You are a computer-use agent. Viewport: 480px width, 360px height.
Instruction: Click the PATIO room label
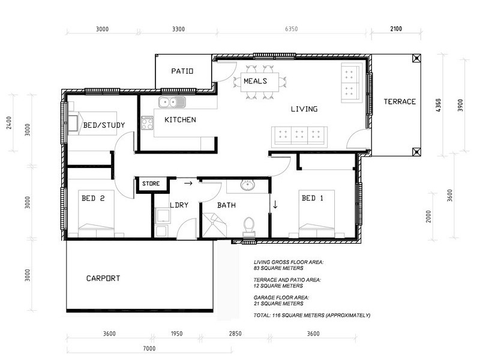click(182, 71)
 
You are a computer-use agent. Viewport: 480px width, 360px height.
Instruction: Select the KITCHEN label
click(180, 120)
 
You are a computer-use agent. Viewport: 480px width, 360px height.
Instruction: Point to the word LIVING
click(304, 109)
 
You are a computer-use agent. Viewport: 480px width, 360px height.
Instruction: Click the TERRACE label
click(400, 101)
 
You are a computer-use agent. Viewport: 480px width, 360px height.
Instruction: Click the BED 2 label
click(93, 197)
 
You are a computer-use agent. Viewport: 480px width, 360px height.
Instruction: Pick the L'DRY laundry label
click(179, 205)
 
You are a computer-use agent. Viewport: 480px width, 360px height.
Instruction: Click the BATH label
click(226, 205)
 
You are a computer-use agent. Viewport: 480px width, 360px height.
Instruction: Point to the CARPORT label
click(103, 278)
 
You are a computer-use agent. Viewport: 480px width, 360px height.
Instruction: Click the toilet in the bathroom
click(250, 226)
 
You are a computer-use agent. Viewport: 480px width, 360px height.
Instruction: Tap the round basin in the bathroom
click(249, 185)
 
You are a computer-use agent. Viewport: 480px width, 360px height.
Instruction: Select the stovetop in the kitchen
click(147, 123)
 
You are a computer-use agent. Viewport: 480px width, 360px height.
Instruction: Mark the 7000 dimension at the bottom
click(149, 348)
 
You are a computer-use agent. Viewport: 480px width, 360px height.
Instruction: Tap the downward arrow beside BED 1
click(275, 204)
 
